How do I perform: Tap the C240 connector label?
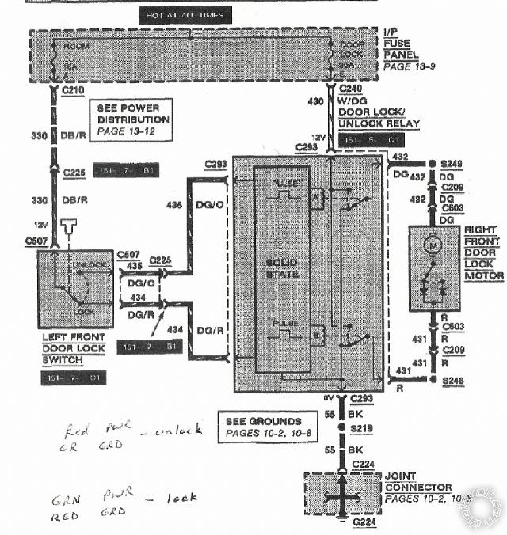point(352,89)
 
